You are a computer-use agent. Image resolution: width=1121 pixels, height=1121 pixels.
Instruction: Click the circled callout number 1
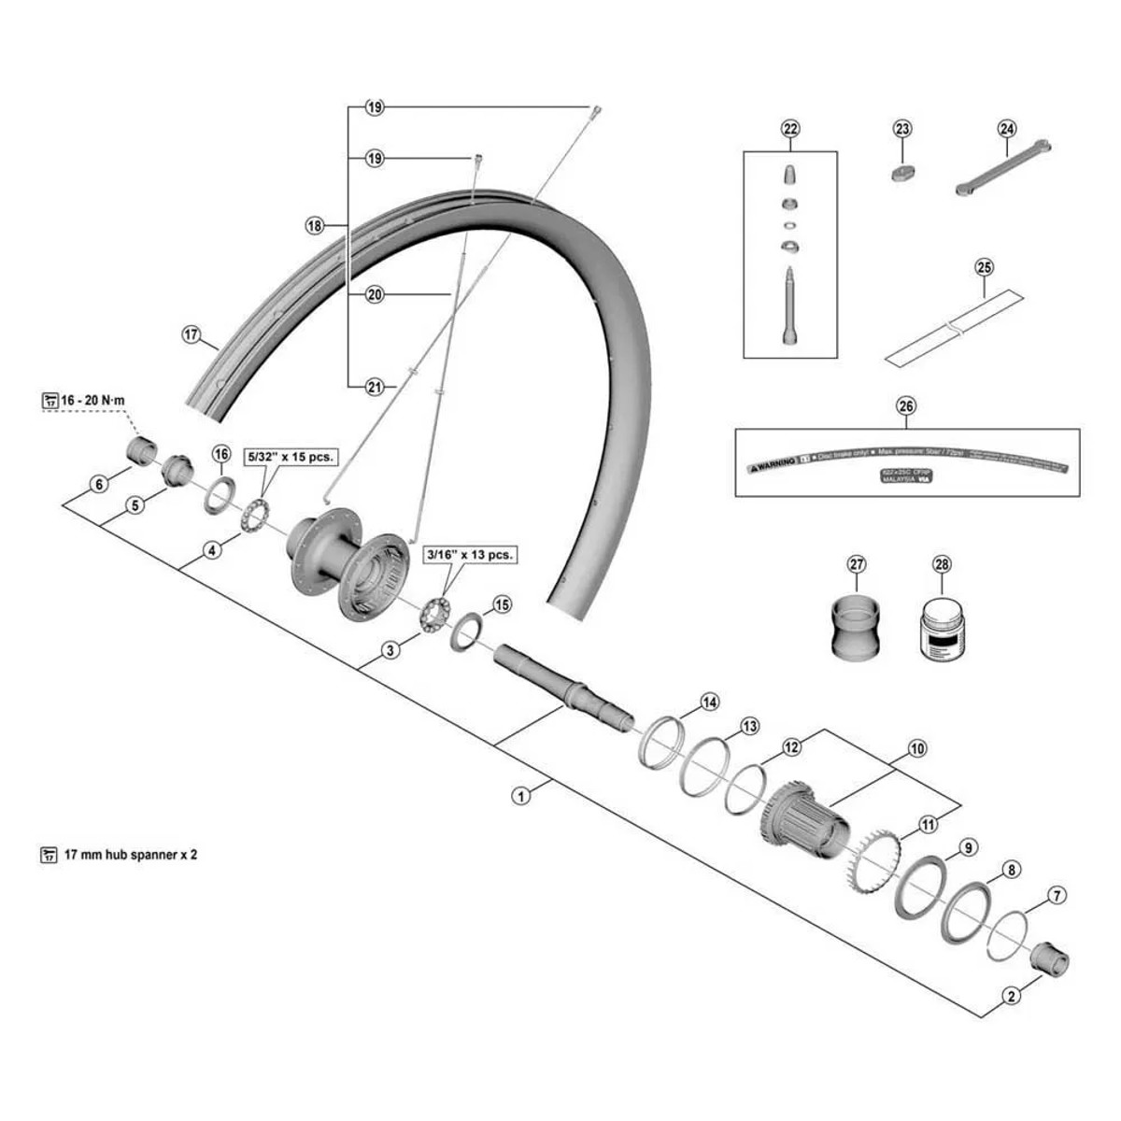click(521, 796)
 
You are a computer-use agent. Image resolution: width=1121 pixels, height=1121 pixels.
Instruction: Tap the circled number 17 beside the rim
click(192, 334)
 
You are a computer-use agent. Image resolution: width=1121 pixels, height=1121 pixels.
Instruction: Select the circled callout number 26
click(906, 405)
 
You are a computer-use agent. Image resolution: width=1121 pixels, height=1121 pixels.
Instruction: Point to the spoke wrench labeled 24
click(1003, 168)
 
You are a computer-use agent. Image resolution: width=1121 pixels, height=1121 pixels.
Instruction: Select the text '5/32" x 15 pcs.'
click(290, 457)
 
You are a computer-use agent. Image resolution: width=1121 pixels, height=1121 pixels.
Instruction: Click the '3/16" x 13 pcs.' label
click(469, 554)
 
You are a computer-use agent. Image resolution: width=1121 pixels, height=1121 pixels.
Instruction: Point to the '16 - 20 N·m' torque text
click(92, 401)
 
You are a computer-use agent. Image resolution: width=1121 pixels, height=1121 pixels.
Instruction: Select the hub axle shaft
click(560, 688)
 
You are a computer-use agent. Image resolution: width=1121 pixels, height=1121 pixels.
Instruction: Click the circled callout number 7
click(1057, 896)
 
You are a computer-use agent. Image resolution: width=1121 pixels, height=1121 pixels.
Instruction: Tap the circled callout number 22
click(790, 129)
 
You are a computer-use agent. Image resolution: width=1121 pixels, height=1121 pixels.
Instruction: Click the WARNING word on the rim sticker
click(776, 461)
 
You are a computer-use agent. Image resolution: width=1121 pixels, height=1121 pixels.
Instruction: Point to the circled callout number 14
click(710, 702)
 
